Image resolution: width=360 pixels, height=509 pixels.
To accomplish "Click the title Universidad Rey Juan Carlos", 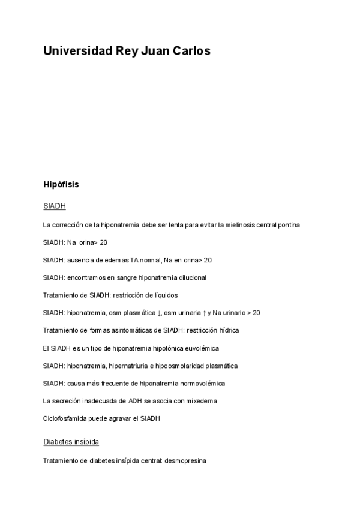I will pos(127,52).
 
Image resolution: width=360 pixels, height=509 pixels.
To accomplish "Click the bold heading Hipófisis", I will pos(61,185).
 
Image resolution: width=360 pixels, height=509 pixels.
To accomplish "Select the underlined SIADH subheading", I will pos(54,206).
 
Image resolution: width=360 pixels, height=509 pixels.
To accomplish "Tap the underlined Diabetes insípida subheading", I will pos(71,442).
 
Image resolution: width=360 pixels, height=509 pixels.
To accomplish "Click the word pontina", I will pos(287,225).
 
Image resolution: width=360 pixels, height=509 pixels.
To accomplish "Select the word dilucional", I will pos(190,277).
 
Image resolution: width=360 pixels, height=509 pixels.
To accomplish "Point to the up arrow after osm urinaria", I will pos(203,313).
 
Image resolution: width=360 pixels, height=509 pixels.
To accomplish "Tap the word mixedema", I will pos(201,400).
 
